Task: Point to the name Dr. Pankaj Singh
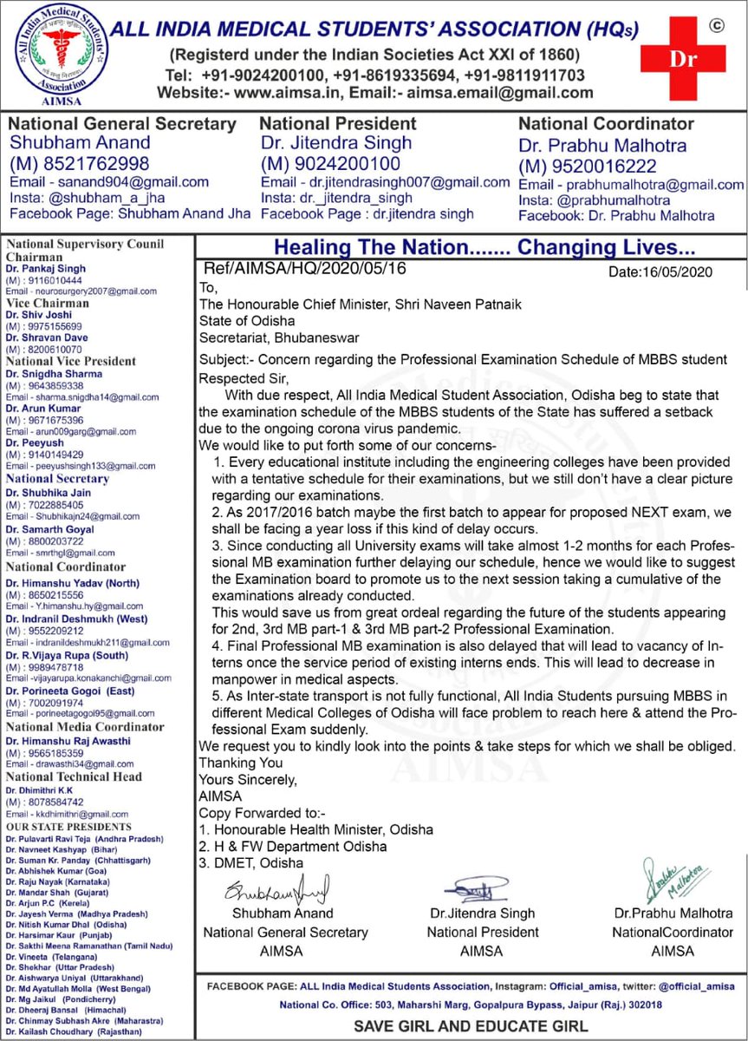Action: point(39,269)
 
